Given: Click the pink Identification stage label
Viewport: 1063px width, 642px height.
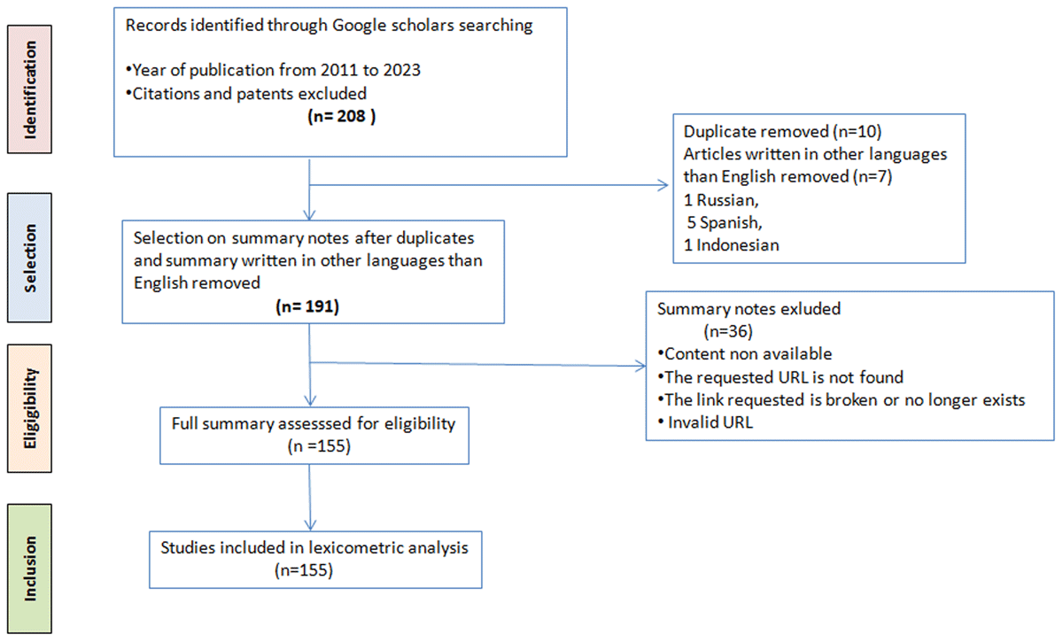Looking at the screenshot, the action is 29,89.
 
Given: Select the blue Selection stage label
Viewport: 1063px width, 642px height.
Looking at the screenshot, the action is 29,258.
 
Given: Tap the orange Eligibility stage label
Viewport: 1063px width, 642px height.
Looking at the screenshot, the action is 29,408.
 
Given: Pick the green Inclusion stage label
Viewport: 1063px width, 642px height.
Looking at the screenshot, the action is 29,569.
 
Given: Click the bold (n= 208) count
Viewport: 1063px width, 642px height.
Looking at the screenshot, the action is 342,116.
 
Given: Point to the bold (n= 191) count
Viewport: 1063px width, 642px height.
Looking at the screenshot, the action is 307,306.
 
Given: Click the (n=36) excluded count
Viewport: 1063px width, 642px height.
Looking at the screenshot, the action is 728,331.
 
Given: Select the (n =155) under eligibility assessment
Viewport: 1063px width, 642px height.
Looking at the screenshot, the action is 319,446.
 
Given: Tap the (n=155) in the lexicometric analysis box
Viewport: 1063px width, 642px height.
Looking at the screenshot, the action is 304,570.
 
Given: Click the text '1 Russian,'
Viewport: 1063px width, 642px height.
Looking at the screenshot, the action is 721,200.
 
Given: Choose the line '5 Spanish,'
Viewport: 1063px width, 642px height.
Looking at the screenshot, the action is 725,222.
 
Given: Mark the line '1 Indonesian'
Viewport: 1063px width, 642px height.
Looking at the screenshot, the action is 732,245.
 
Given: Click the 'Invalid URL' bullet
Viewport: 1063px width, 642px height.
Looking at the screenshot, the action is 706,422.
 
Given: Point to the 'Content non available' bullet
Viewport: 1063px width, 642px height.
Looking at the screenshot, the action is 745,354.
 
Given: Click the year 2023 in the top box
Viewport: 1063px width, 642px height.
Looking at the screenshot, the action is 402,70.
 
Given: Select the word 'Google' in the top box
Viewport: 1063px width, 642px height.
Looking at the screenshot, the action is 360,25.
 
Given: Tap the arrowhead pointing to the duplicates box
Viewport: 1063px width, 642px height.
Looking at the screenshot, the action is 663,185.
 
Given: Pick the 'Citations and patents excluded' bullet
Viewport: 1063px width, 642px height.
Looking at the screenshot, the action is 246,94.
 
